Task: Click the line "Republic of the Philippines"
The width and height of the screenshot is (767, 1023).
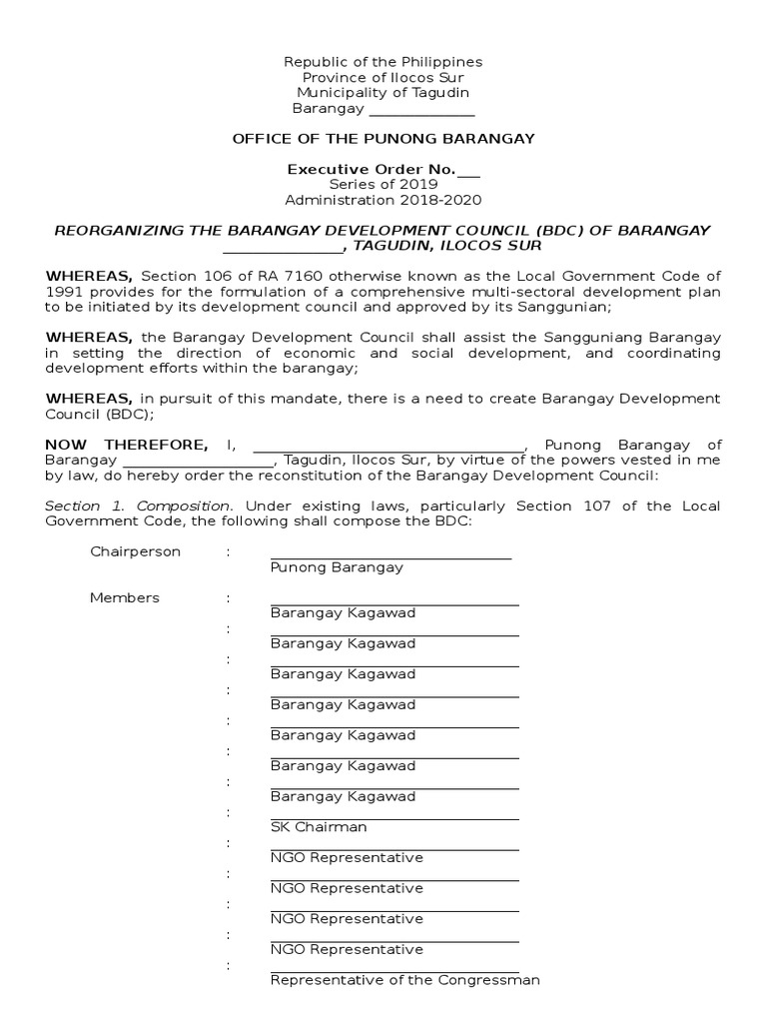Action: click(383, 63)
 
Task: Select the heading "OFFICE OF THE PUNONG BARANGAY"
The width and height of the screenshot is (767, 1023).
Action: click(383, 138)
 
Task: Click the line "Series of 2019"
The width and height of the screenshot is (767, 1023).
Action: click(383, 185)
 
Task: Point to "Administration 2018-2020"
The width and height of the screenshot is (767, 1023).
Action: click(383, 200)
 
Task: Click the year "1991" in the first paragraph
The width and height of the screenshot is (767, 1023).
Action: click(62, 291)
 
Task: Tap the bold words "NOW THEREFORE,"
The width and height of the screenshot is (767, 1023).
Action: click(127, 445)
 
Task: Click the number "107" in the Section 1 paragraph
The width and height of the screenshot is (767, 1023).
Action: click(558, 507)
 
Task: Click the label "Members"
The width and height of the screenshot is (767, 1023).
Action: click(125, 597)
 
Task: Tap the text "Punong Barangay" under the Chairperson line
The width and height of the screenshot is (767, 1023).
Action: click(337, 567)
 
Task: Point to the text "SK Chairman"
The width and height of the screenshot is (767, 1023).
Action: click(319, 827)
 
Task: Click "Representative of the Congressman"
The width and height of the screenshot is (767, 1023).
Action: click(404, 980)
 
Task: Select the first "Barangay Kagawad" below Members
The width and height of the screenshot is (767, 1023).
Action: click(343, 613)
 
